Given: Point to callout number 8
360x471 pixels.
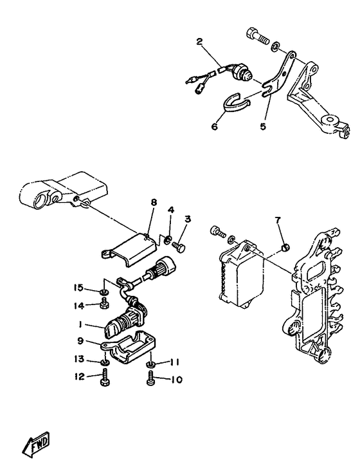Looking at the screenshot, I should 154,203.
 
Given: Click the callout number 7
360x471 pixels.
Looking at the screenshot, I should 278,221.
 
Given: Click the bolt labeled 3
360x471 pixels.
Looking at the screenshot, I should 181,245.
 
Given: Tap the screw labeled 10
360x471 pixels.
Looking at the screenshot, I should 150,380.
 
